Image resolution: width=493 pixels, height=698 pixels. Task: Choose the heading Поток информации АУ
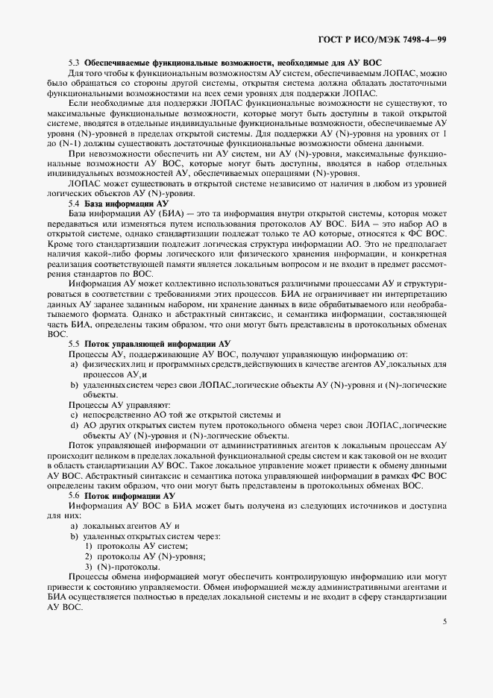(x=130, y=495)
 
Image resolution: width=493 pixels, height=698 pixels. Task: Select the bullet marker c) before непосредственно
(x=74, y=415)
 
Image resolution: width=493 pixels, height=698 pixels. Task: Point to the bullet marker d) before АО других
(x=74, y=425)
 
